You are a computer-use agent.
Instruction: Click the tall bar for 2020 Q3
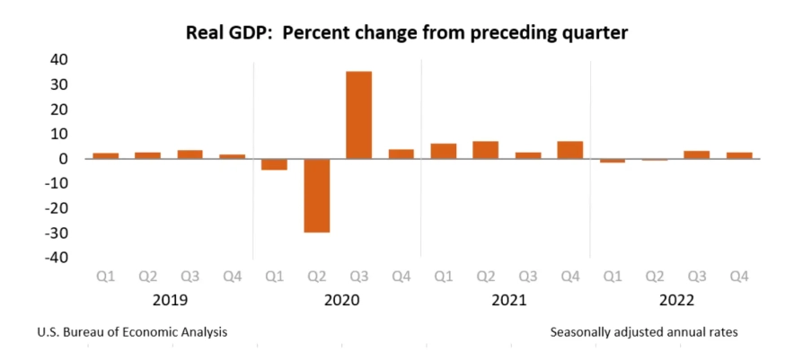tap(358, 115)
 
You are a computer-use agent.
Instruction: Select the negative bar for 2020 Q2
tap(316, 195)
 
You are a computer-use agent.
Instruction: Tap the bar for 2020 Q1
tap(274, 164)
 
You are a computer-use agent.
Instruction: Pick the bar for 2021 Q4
tap(569, 150)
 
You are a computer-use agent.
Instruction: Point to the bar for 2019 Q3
tap(190, 154)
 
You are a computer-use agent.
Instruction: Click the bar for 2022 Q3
tap(697, 154)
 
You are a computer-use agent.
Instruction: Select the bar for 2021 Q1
tap(443, 151)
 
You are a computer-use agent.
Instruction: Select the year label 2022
tap(675, 299)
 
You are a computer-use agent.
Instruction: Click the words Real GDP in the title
tap(224, 33)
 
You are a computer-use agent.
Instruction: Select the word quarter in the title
tap(594, 33)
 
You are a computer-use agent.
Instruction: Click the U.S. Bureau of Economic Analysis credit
tap(132, 331)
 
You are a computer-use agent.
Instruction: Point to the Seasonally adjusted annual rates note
tap(643, 331)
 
